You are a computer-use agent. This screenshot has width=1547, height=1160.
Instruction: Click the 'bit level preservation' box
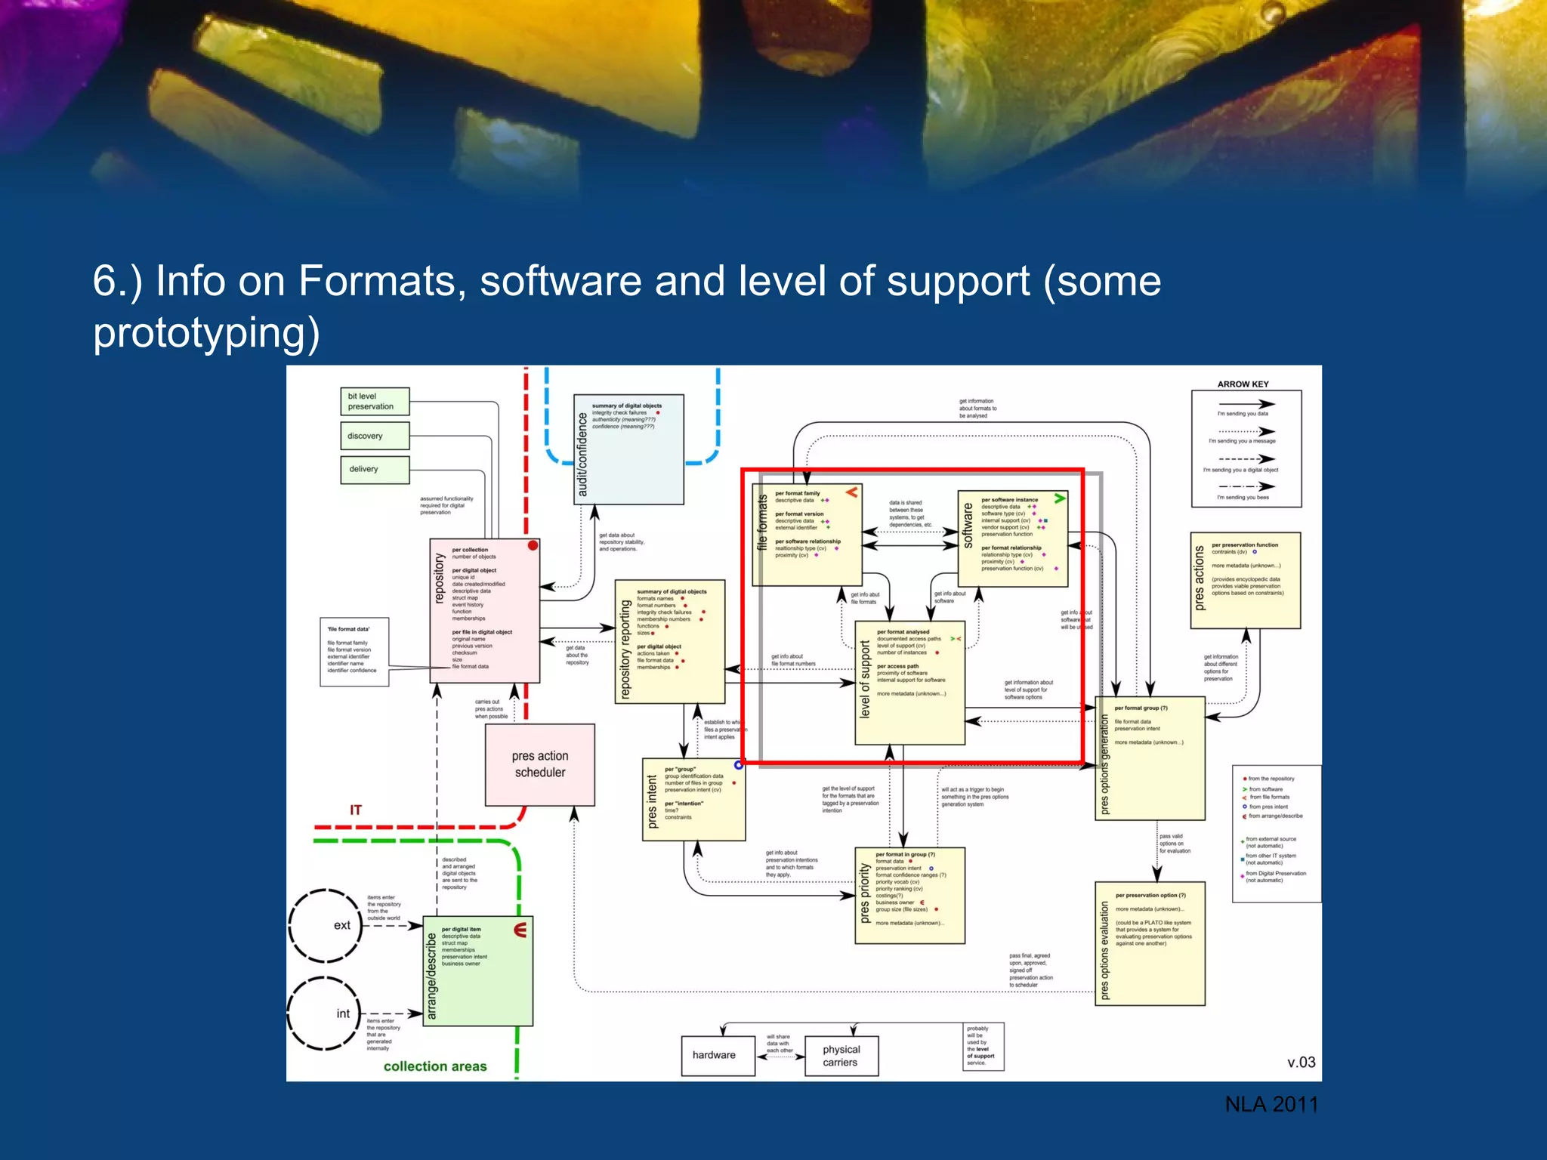click(374, 401)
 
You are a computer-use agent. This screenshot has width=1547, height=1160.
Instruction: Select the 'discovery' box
click(374, 436)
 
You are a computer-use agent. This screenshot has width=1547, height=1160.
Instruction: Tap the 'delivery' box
click(374, 469)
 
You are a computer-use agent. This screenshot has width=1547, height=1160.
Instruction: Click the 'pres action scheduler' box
click(539, 764)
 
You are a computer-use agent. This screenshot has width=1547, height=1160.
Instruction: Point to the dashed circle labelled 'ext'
click(326, 925)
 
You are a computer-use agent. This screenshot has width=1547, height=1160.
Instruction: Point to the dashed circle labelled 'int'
click(326, 1013)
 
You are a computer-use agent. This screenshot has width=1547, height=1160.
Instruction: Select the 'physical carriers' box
click(841, 1056)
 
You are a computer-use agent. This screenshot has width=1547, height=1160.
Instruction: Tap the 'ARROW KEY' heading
click(1243, 384)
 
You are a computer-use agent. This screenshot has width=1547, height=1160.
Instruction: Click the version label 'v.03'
click(1301, 1062)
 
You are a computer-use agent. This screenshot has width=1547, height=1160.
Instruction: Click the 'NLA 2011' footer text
click(1271, 1104)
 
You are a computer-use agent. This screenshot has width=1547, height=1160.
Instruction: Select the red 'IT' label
click(355, 810)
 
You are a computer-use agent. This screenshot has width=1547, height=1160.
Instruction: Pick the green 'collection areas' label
click(435, 1066)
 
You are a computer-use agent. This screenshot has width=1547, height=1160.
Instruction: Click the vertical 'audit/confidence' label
click(582, 455)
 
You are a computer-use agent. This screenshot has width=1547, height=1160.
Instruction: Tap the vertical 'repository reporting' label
click(625, 649)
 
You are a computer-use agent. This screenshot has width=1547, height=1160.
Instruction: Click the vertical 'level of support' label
click(865, 680)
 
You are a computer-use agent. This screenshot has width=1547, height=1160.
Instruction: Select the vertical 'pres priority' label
click(865, 894)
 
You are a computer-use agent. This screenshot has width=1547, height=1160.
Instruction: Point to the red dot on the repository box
click(533, 545)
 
